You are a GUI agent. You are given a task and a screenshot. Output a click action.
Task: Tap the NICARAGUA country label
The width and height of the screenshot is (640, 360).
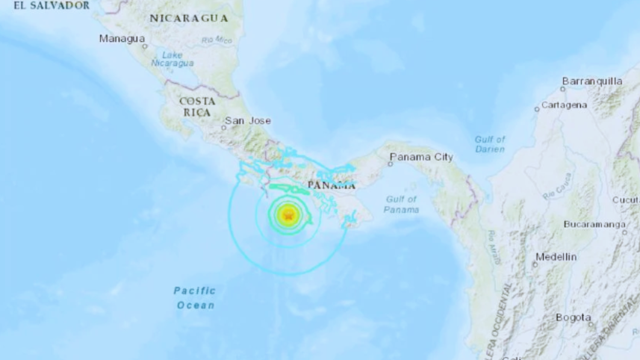pos(189,17)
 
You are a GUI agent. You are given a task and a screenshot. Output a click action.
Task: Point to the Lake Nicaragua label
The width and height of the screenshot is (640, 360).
pos(173,60)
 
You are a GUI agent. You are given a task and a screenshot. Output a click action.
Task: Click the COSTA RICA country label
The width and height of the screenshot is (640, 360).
pos(198,106)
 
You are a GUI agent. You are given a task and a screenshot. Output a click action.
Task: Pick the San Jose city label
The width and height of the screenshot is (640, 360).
pos(249,120)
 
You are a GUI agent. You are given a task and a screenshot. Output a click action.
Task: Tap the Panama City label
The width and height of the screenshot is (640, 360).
pos(420,157)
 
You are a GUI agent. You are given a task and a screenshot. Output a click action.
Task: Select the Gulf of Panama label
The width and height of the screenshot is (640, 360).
pos(401,204)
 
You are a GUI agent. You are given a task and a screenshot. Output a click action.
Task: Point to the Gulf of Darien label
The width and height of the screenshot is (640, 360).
pos(490,144)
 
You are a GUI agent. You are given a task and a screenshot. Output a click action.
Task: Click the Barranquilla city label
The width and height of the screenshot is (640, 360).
pos(592,81)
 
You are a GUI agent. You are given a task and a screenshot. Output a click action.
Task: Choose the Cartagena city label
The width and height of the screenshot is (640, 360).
pos(564,105)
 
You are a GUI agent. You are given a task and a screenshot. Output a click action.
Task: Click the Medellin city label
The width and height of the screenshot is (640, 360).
pos(556,256)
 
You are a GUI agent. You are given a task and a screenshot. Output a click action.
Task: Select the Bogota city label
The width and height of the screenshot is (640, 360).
pos(574,317)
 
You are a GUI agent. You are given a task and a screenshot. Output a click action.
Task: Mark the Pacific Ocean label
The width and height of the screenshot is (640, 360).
pos(195,297)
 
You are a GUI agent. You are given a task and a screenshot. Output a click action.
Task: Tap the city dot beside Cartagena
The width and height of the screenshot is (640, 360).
pos(536,109)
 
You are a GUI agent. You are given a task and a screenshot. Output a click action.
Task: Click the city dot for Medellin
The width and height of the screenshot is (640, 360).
pos(535,263)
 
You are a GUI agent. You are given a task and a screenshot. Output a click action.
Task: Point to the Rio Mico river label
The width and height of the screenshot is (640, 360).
pos(217,40)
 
